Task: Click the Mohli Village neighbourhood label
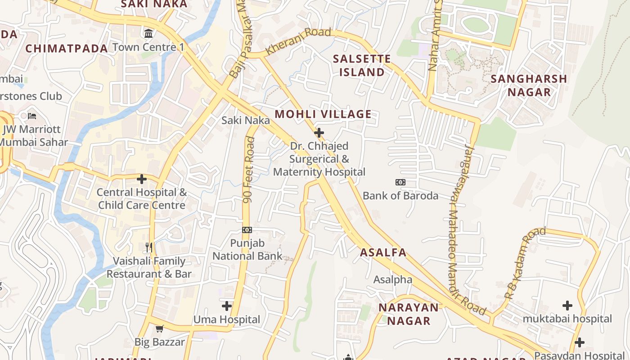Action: point(323,114)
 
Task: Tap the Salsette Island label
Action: point(362,65)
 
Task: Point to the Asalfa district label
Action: point(383,252)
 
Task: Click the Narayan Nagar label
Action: point(408,314)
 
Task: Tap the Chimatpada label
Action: point(67,49)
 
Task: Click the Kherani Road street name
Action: point(298,41)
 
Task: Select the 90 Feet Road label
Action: point(248,170)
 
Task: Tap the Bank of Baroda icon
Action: point(400,182)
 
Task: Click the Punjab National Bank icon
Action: point(247,230)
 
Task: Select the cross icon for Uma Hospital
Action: point(227,306)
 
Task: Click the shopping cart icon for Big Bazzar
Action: point(159,329)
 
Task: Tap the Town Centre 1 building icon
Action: point(148,33)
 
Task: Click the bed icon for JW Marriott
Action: point(31,116)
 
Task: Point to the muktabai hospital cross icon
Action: point(567,306)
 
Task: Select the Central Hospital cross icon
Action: point(142,179)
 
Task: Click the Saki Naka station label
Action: point(246,120)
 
